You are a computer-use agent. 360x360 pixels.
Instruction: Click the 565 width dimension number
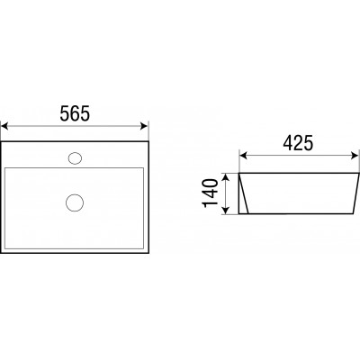[75, 113]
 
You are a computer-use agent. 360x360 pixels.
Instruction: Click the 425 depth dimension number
[298, 143]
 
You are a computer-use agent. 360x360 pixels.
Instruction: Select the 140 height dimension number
[211, 193]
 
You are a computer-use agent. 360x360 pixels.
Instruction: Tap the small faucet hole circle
[75, 157]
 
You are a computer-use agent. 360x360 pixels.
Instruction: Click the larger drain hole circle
[75, 203]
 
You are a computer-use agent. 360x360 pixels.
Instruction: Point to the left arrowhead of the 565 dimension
[4, 126]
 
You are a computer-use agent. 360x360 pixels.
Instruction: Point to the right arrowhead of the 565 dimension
[145, 126]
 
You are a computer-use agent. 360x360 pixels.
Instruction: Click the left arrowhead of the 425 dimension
[243, 156]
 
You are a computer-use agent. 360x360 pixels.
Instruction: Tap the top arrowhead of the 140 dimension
[227, 176]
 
